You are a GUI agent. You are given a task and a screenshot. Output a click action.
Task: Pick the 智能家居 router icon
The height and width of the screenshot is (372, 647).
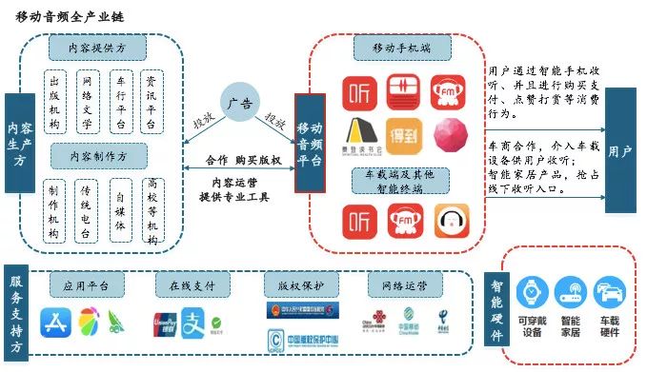570,293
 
